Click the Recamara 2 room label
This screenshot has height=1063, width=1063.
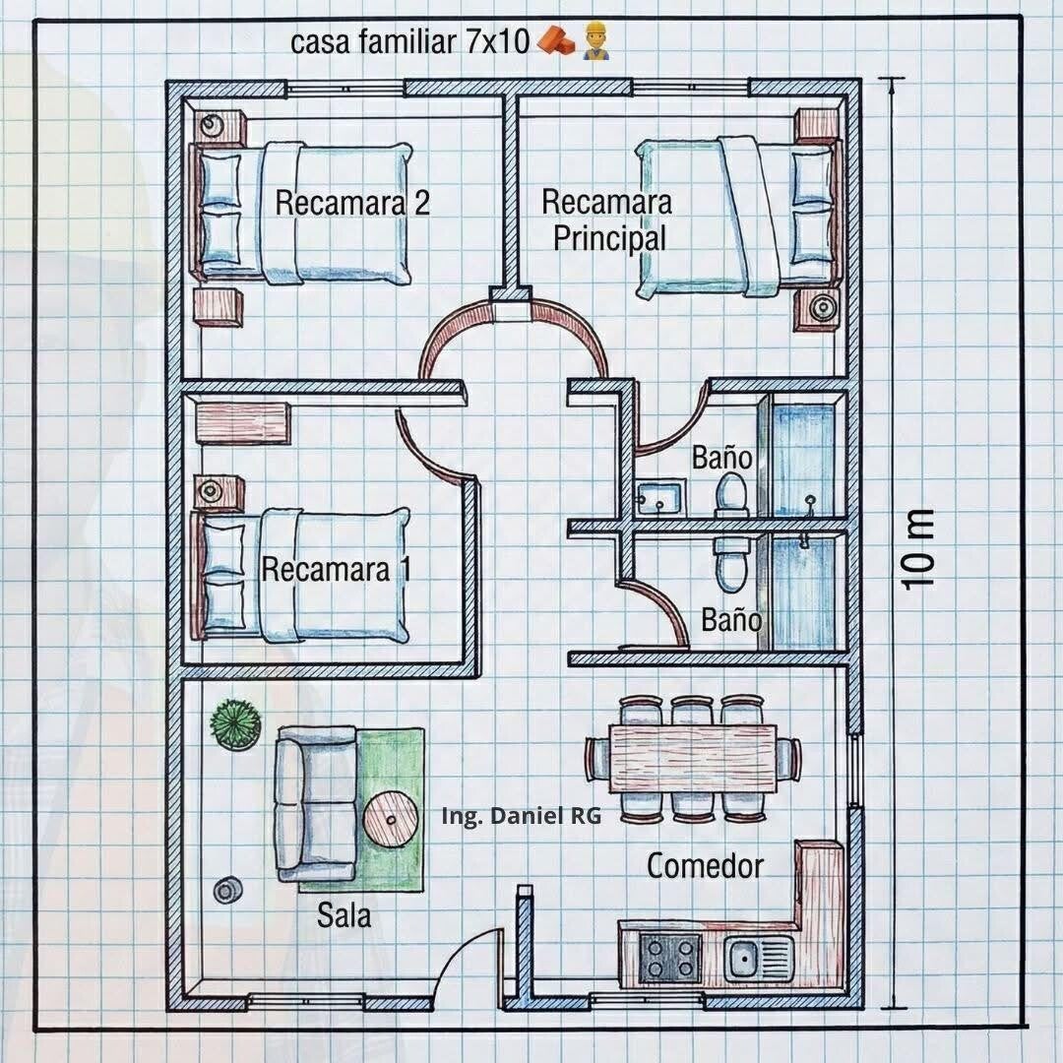click(x=351, y=202)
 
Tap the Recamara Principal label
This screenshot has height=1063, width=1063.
click(x=607, y=219)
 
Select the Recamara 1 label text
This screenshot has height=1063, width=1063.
click(x=337, y=569)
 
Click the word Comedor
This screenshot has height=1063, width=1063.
click(x=705, y=866)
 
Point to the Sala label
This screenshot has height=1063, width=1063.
click(x=344, y=915)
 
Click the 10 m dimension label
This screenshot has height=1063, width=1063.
click(x=917, y=549)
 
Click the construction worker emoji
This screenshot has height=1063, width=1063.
click(x=595, y=40)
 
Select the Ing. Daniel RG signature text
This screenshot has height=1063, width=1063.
click(x=521, y=816)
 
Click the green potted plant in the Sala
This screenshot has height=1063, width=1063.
click(x=234, y=724)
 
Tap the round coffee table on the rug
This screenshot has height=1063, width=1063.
click(x=391, y=820)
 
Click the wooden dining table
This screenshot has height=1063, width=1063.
click(x=693, y=759)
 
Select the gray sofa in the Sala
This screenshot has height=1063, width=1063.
click(x=316, y=803)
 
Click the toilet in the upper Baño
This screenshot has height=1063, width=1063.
click(x=732, y=495)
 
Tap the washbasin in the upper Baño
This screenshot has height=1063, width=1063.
click(x=659, y=497)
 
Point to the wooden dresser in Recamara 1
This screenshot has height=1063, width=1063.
click(x=243, y=423)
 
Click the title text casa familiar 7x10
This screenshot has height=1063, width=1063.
click(x=409, y=41)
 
